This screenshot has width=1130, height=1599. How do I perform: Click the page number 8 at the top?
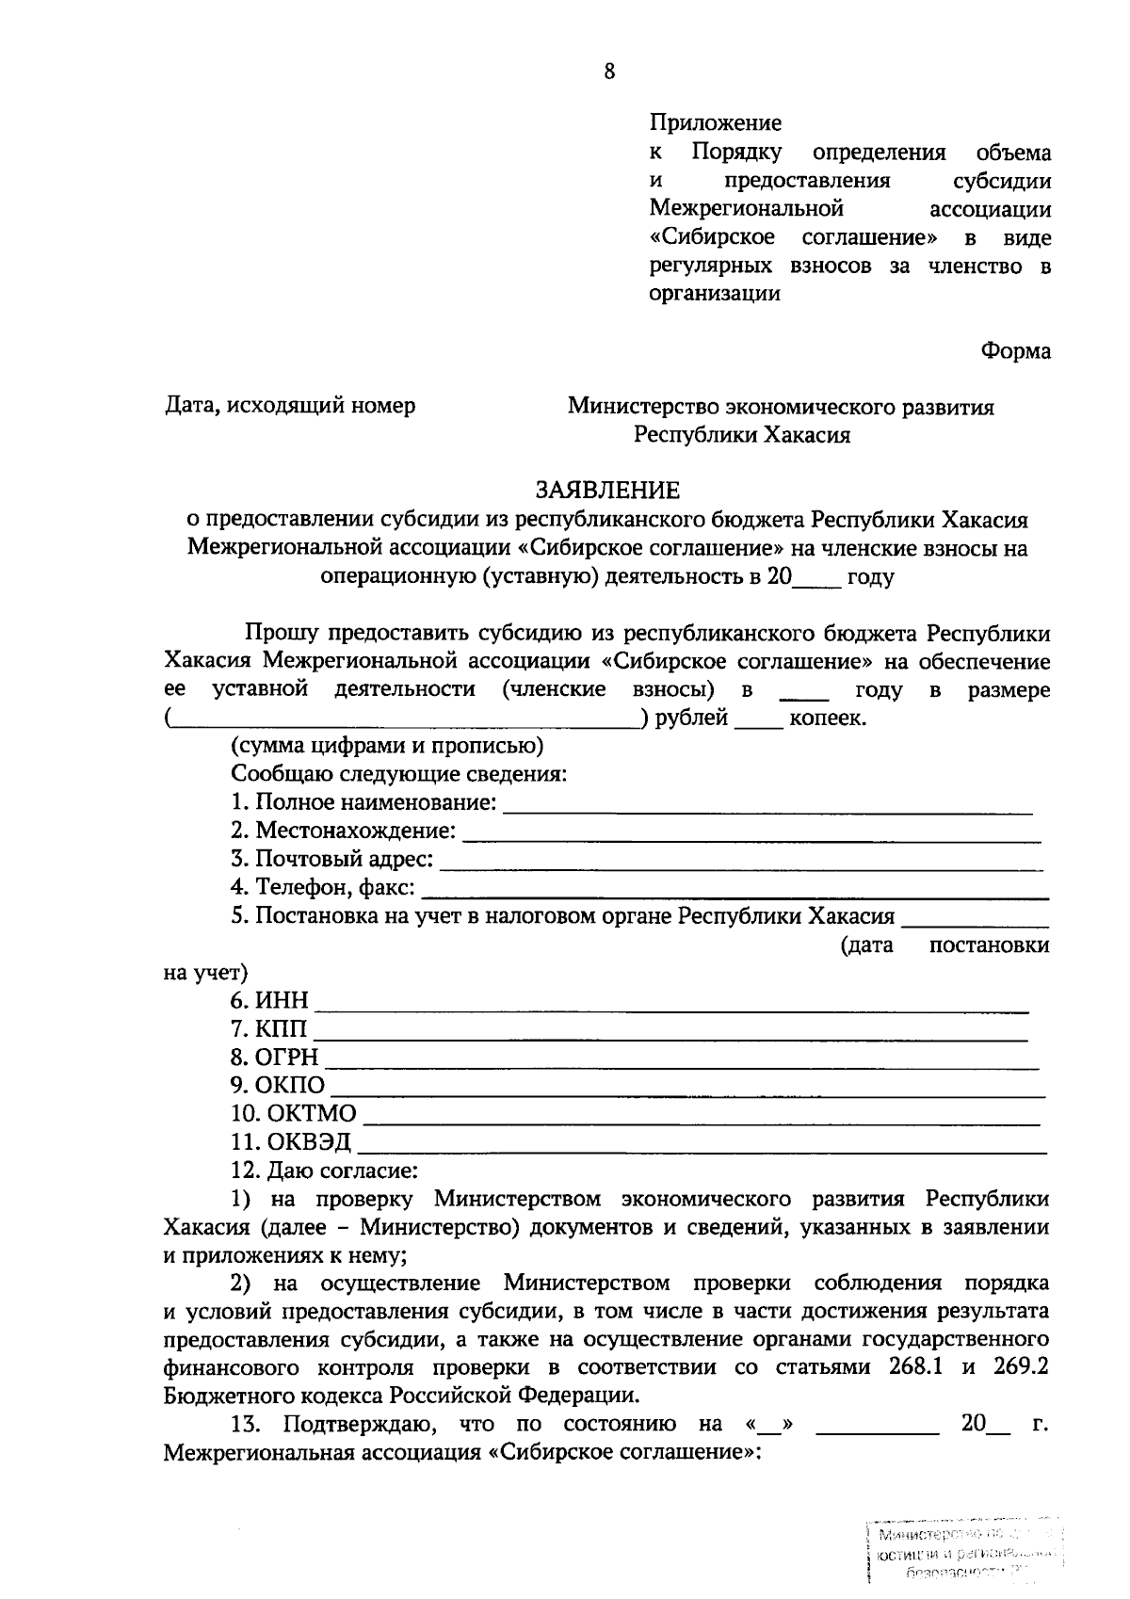point(609,72)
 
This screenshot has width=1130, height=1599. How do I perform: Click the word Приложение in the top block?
point(715,122)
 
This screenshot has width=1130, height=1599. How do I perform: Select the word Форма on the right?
point(1015,350)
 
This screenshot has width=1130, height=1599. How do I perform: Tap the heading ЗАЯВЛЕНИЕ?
point(607,491)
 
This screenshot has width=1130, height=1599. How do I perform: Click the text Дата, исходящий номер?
point(290,406)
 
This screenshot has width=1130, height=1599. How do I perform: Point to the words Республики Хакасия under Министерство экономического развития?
point(741,435)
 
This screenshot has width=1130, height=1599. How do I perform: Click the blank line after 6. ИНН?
point(670,1009)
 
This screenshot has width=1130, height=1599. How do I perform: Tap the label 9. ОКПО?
point(277,1085)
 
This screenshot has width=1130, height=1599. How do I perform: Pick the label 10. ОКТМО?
point(293,1113)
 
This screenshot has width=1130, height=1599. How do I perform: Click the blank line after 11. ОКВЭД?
point(702,1150)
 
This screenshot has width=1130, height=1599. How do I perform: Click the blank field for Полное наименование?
point(767,809)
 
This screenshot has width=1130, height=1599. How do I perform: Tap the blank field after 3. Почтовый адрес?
point(741,865)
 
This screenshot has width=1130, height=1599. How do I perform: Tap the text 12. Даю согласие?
point(324,1171)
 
